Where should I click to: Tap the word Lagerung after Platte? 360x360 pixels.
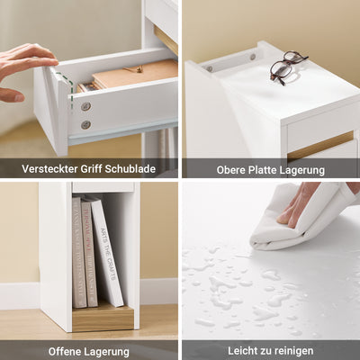coord(310,168)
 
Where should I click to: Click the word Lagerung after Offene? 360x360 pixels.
coord(109,351)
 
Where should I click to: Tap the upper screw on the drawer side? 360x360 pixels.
coord(86,106)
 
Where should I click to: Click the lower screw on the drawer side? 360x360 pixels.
coord(85,124)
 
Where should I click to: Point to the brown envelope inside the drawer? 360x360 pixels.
coord(135,74)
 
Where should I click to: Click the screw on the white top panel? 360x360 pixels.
coord(210,67)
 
